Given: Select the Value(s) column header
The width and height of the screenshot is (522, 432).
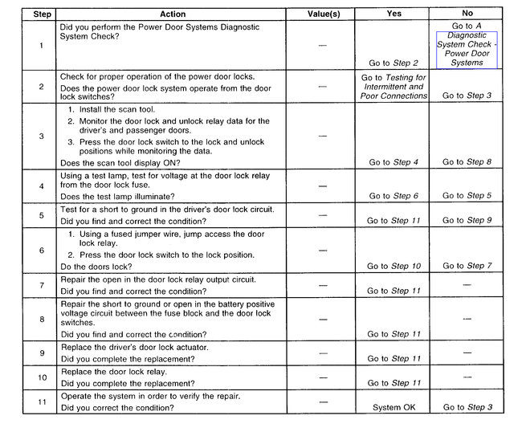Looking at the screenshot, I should [324, 14].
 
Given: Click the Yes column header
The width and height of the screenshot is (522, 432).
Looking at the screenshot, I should [393, 14].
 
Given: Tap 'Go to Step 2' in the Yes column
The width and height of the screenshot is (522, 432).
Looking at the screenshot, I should [394, 63].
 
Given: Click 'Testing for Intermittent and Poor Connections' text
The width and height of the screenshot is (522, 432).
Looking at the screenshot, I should [393, 86].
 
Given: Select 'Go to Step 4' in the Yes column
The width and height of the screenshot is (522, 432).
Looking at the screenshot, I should [394, 162].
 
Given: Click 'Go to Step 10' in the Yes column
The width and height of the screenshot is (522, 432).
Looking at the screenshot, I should [394, 266].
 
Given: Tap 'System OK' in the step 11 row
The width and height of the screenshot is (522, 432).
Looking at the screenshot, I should [394, 408].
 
